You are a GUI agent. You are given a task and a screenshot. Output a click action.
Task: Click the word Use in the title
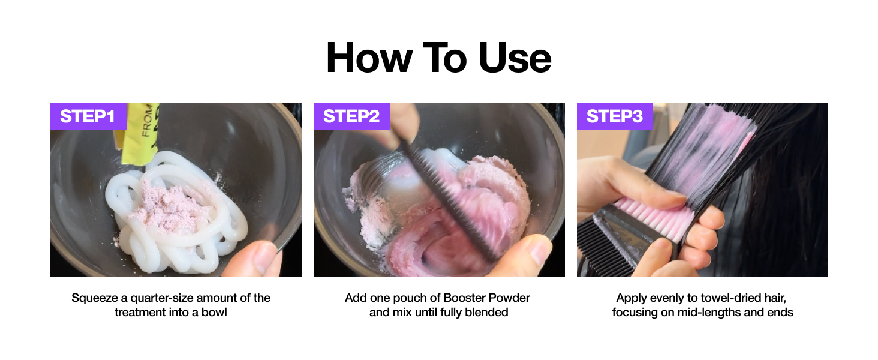click(515, 58)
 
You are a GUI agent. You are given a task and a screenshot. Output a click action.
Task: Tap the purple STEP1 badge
click(88, 116)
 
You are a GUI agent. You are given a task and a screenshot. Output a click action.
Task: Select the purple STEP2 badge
click(351, 116)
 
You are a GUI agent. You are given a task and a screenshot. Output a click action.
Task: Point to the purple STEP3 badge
click(615, 116)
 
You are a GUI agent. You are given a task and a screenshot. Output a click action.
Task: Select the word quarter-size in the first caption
click(163, 298)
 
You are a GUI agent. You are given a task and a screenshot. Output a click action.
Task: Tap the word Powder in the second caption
click(509, 298)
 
